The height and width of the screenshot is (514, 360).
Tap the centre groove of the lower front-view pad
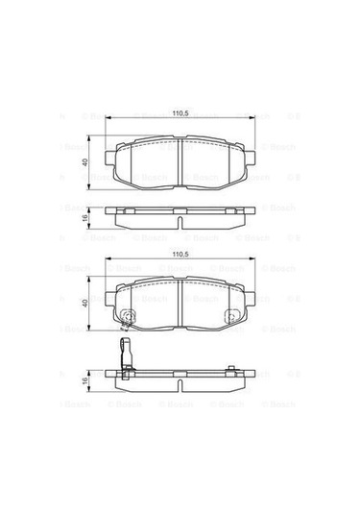[x=180, y=304]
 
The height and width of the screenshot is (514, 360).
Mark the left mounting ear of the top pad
[x=108, y=155]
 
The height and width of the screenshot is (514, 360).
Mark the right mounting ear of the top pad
[x=252, y=155]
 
